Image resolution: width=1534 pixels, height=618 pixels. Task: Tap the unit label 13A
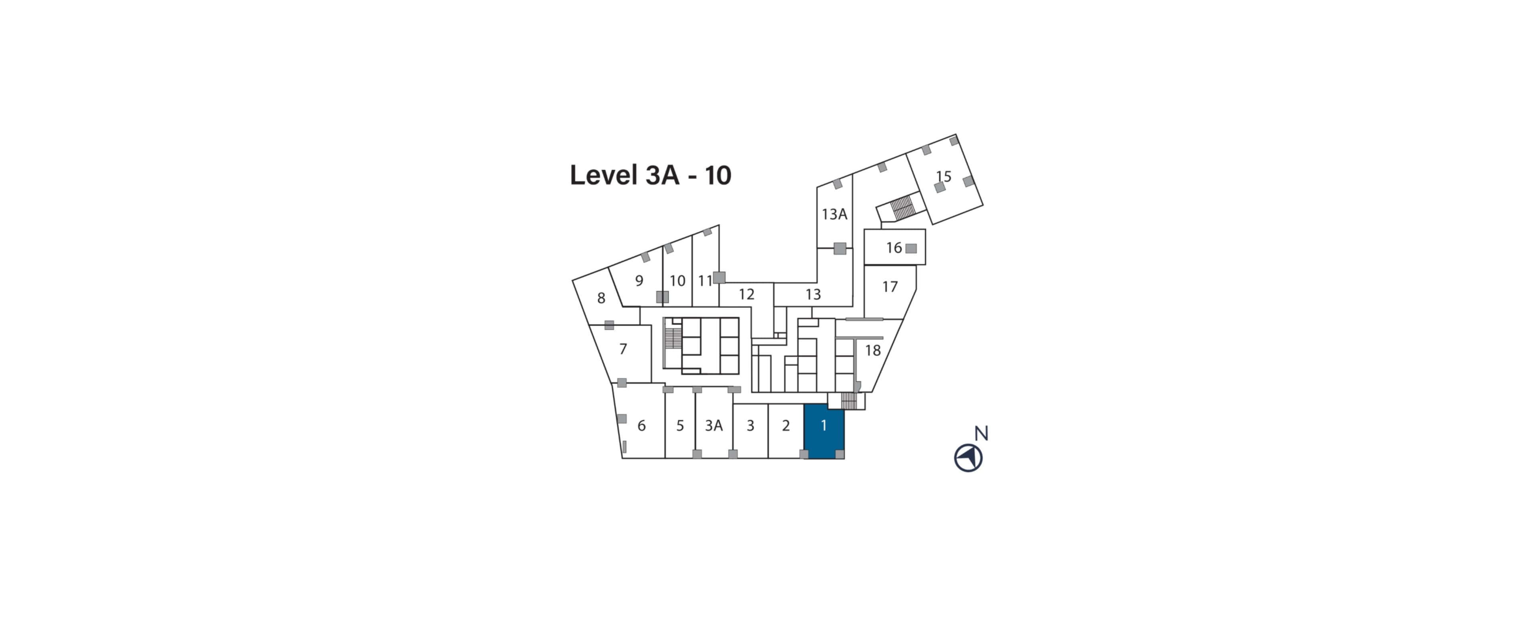[834, 214]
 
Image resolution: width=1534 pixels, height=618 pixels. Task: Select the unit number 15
[943, 176]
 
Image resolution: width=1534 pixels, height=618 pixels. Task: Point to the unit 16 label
[893, 247]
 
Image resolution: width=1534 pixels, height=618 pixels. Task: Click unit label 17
[890, 287]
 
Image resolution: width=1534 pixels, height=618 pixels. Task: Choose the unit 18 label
[873, 351]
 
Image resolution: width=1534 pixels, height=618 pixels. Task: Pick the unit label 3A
[713, 425]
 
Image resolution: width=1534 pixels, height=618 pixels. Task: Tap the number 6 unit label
[641, 425]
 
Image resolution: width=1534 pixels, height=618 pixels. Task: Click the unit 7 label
[623, 349]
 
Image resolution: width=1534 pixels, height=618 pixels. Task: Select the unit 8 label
[601, 298]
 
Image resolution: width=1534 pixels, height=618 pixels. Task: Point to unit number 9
[639, 281]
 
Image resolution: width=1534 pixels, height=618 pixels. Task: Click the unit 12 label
[746, 294]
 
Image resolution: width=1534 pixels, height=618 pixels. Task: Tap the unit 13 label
[813, 294]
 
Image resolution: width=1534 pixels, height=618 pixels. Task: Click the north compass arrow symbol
[968, 458]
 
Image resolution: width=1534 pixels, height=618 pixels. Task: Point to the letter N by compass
[981, 433]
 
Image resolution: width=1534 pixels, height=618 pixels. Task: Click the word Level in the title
[603, 175]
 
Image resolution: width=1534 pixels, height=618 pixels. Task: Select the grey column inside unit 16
[910, 249]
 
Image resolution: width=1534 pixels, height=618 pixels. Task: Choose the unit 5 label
[680, 425]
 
